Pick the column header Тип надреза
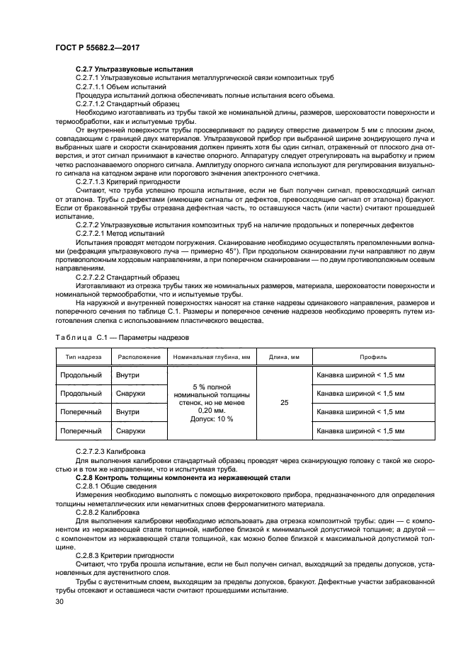pyautogui.click(x=84, y=357)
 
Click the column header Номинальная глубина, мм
pyautogui.click(x=210, y=357)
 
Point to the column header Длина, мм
pyautogui.click(x=285, y=357)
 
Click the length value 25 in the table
pyautogui.click(x=285, y=402)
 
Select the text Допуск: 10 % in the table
pyautogui.click(x=211, y=419)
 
